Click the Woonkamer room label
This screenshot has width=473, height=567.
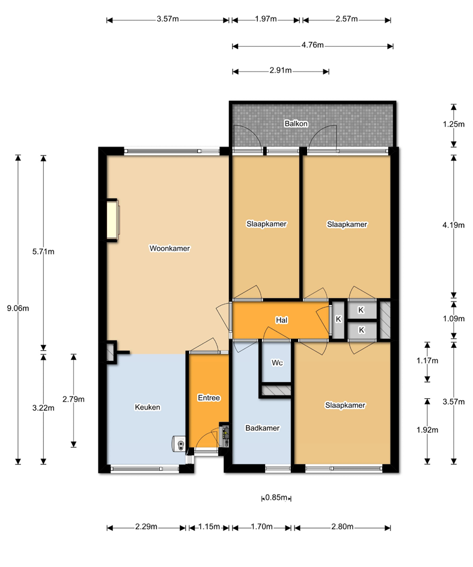[169, 249]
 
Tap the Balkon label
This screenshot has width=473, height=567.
[296, 124]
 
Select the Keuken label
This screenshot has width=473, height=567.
[147, 407]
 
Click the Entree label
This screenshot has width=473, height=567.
[209, 398]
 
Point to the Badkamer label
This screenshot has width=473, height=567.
[263, 428]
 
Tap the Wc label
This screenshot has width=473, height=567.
[277, 363]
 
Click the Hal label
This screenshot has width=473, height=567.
[281, 320]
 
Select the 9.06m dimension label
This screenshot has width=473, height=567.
[18, 309]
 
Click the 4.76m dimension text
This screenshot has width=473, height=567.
[313, 45]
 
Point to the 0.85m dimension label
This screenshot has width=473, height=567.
[276, 497]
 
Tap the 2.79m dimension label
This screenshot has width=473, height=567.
[73, 399]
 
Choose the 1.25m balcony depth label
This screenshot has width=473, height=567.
[453, 124]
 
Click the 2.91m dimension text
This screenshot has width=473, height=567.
[281, 70]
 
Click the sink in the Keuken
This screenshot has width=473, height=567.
[179, 444]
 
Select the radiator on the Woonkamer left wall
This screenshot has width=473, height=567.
[112, 220]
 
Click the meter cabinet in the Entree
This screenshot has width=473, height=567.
[225, 435]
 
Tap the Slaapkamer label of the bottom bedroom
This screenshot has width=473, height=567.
[345, 405]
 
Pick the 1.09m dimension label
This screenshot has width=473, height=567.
[453, 318]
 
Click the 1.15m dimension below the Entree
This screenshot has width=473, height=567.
[209, 527]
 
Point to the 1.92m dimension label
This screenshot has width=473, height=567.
[427, 430]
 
